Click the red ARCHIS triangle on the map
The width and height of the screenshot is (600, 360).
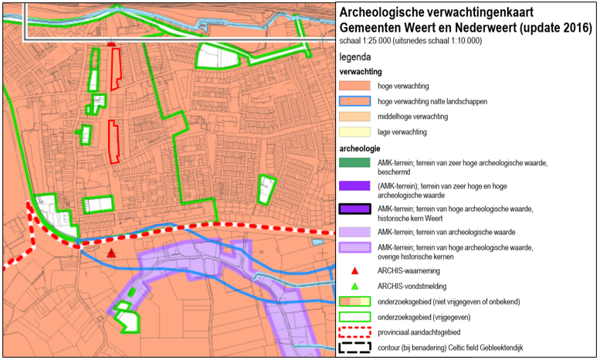(112, 253)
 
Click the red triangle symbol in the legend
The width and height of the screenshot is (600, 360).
(354, 271)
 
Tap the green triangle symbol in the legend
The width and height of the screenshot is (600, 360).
(354, 286)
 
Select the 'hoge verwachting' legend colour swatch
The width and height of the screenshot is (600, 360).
(354, 86)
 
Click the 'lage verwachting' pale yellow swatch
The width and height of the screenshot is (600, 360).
(354, 132)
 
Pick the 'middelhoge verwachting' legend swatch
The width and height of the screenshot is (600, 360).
(354, 117)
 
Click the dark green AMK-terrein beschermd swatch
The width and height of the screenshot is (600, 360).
(354, 163)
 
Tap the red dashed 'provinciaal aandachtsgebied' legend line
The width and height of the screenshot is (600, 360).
(354, 332)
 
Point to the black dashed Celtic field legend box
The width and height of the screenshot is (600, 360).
(354, 348)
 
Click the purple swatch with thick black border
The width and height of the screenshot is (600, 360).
(354, 209)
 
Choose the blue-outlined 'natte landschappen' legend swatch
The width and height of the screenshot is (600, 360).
(354, 101)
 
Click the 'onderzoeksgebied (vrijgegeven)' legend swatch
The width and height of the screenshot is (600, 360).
(354, 318)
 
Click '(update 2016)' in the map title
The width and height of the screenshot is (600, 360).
(551, 27)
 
